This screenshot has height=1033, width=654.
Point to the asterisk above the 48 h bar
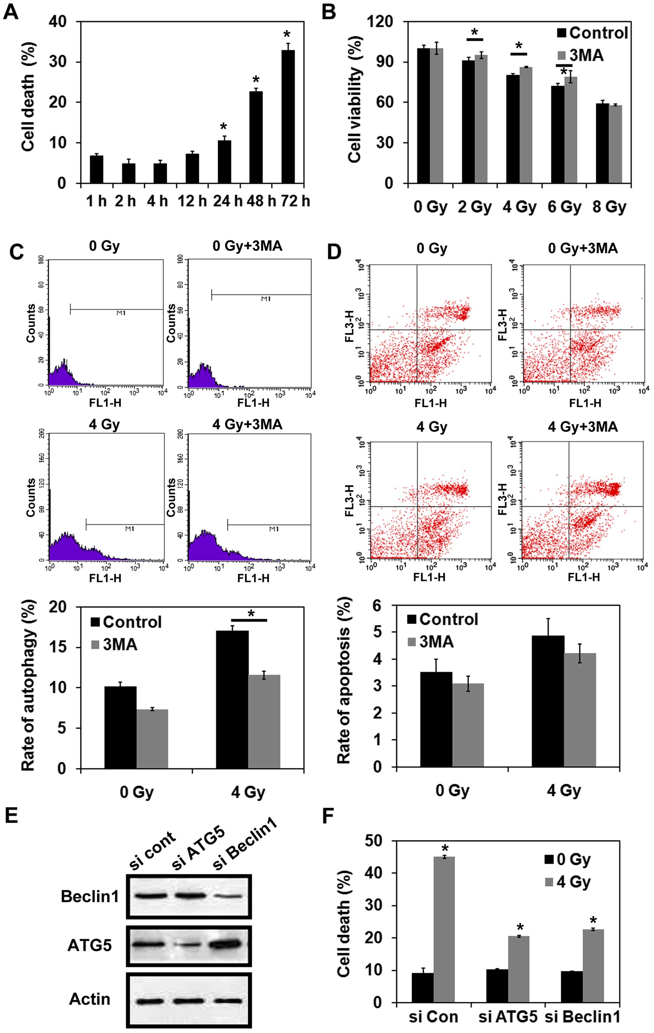(256, 80)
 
